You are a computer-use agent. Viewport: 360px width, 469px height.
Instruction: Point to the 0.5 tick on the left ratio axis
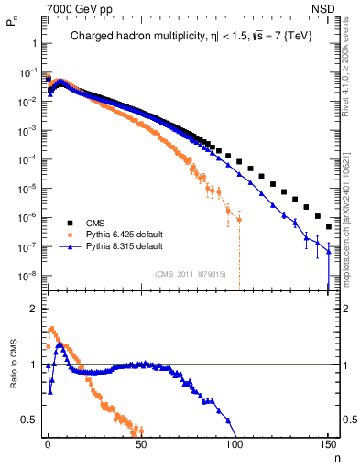[x=28, y=420]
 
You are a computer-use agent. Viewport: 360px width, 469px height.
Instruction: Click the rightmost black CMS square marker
[x=328, y=226]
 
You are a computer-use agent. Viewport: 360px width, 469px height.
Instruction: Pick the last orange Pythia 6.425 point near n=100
[x=238, y=220]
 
